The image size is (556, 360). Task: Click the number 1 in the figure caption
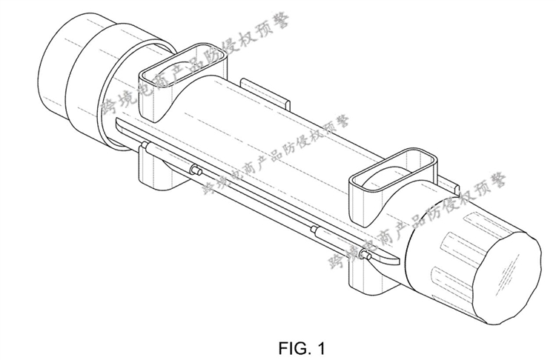(x=320, y=348)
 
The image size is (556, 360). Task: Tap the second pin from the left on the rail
(x=196, y=170)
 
